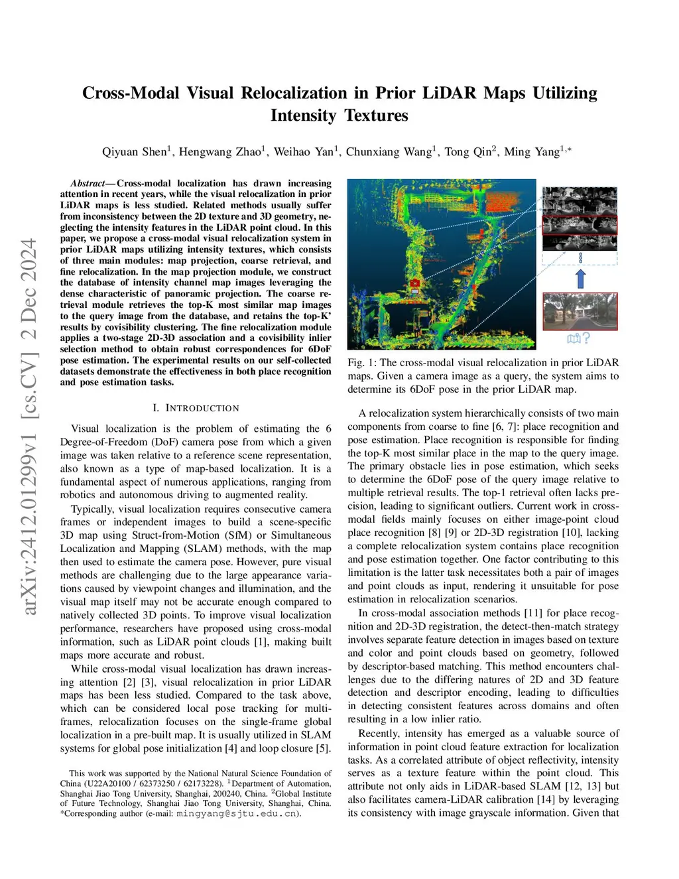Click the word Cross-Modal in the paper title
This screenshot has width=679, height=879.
(131, 93)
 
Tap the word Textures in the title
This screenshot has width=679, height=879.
(376, 115)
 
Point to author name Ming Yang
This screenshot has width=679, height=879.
(532, 152)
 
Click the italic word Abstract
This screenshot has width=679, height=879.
(88, 183)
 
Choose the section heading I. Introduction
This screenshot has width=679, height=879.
(196, 408)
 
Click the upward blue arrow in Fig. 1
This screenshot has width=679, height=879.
(580, 279)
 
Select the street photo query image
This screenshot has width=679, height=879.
(580, 311)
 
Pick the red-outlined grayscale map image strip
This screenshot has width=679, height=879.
(580, 226)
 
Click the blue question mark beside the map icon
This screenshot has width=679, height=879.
(586, 338)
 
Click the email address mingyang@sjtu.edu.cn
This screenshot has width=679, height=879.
(237, 813)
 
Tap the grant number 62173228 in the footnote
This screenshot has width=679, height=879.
(203, 783)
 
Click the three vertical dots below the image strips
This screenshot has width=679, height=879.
(580, 258)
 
